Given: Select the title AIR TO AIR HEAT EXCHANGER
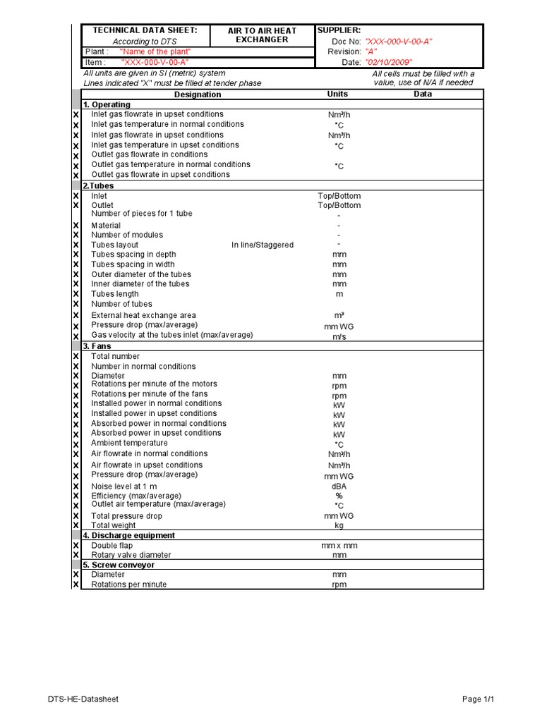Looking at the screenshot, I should pyautogui.click(x=262, y=35).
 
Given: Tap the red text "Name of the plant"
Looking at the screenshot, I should pyautogui.click(x=155, y=51).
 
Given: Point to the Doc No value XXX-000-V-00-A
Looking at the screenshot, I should pyautogui.click(x=399, y=42).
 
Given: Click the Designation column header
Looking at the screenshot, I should pyautogui.click(x=198, y=94).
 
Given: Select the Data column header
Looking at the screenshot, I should pyautogui.click(x=423, y=94).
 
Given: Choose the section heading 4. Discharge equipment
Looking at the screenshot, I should pyautogui.click(x=128, y=535).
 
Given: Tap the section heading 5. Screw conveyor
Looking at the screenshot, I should pyautogui.click(x=119, y=565).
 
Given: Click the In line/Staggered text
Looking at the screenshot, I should pyautogui.click(x=263, y=245).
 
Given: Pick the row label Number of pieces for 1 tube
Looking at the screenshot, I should pyautogui.click(x=141, y=214).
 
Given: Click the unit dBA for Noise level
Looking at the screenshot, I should pyautogui.click(x=339, y=487).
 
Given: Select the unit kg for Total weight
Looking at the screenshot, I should pyautogui.click(x=339, y=525).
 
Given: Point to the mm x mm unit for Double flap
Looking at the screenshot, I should pyautogui.click(x=339, y=546).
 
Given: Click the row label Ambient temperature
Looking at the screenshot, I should pyautogui.click(x=129, y=443).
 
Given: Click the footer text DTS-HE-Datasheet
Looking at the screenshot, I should pyautogui.click(x=83, y=699).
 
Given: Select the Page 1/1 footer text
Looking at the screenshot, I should pyautogui.click(x=478, y=699).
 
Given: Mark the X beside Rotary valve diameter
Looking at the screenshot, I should pyautogui.click(x=76, y=556).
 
